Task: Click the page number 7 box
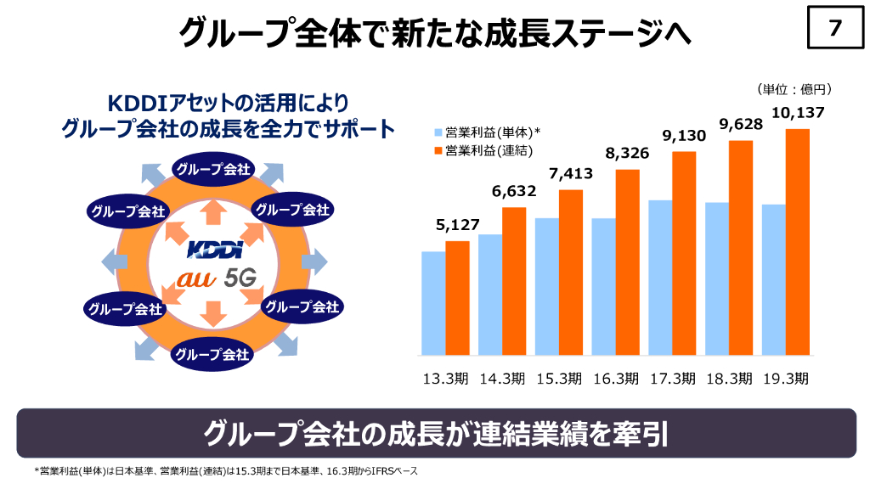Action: coord(834,29)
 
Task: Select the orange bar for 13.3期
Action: coord(458,298)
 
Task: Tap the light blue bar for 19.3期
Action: coord(774,279)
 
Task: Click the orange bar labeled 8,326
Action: coord(628,262)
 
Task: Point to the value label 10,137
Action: coord(798,113)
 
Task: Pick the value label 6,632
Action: coord(514,192)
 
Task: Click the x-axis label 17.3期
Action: coord(672,379)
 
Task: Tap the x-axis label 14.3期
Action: coord(501,379)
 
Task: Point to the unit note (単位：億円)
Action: coord(793,89)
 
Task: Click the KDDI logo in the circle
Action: coord(214,250)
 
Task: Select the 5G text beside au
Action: coord(240,278)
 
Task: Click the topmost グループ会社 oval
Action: coord(212,169)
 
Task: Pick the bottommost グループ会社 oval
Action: coord(212,354)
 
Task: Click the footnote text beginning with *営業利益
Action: coord(226,470)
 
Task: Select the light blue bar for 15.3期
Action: coord(547,286)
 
